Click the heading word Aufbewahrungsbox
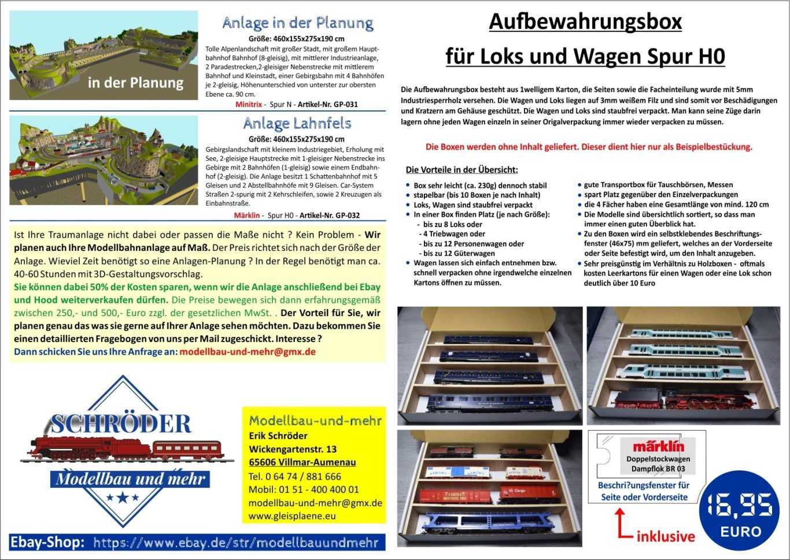pos(585,22)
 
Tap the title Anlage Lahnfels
pos(297,123)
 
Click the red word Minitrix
pos(249,105)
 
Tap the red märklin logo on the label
pos(658,446)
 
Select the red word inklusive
pos(666,536)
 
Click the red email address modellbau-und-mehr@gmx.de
pos(248,352)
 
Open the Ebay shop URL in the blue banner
pos(235,543)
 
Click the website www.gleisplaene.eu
pos(292,516)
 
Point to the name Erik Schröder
pos(278,436)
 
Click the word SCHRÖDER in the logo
pos(120,424)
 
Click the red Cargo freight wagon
pos(529,493)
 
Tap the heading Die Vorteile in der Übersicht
pos(462,170)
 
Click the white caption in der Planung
pos(135,83)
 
